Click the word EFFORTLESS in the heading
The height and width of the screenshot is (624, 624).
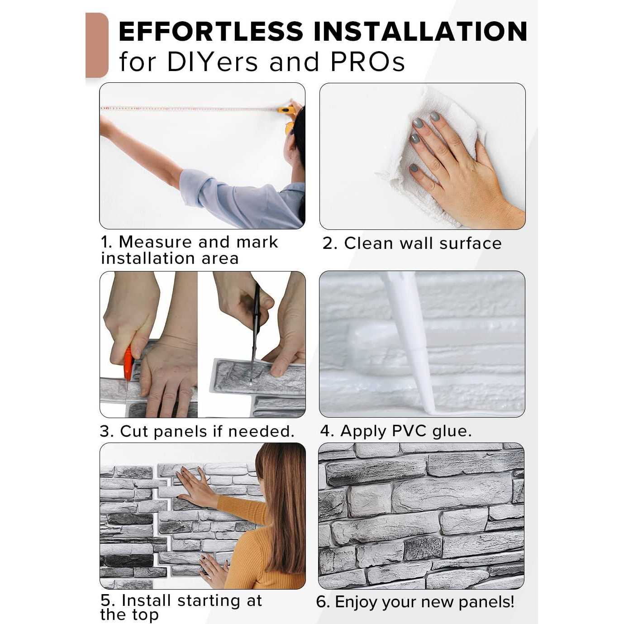click(x=211, y=32)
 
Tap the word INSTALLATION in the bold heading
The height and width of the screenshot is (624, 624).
click(x=420, y=32)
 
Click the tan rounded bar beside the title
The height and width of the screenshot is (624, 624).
click(x=97, y=45)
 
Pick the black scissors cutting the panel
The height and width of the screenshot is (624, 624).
click(x=255, y=330)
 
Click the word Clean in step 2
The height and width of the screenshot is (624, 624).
click(x=368, y=243)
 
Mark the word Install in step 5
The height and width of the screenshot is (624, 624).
click(x=146, y=591)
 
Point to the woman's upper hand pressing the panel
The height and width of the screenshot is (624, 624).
click(x=194, y=484)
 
